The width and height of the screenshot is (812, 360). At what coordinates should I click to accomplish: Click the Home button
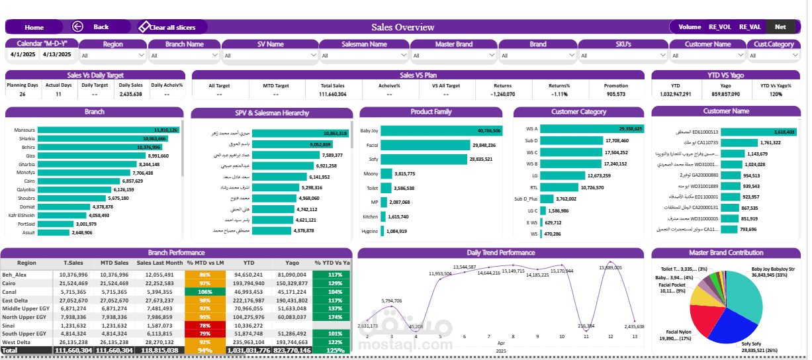pos(34,27)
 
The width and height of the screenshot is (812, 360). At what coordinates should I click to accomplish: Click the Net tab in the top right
pos(780,27)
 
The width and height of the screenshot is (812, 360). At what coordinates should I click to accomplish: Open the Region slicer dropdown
pos(113,56)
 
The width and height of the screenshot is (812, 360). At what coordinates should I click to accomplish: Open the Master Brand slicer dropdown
pos(453,56)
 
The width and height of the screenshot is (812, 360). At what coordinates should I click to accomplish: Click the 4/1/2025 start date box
pos(23,55)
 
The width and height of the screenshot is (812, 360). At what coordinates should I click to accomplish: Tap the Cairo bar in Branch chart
pos(79,181)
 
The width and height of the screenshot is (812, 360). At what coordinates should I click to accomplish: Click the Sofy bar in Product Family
pos(424,159)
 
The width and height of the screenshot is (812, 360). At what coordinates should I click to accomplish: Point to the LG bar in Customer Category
pos(563,175)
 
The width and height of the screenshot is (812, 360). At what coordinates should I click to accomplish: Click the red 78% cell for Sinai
pos(204,326)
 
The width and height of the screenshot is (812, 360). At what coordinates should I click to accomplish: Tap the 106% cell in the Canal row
pos(204,291)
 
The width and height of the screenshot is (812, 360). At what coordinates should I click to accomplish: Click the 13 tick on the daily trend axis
pos(635,337)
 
